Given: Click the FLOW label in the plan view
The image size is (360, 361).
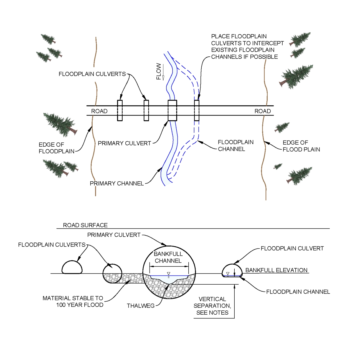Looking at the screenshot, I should [158, 71].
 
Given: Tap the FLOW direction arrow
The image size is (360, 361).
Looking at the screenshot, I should [163, 73].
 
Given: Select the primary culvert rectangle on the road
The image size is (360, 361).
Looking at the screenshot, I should [172, 111].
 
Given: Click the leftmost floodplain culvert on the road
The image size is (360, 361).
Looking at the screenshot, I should [120, 111].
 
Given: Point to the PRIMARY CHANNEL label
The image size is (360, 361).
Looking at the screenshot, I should [117, 184].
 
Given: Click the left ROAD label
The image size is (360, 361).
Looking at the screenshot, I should [99, 111].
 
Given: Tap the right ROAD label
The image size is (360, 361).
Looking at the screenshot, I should [262, 111].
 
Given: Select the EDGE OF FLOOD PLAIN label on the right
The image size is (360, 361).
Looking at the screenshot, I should [301, 146].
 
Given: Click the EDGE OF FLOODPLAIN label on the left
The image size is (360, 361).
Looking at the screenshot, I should [57, 148].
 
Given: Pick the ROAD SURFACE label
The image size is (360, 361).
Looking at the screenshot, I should [85, 225].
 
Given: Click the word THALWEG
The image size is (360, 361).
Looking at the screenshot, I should [141, 306].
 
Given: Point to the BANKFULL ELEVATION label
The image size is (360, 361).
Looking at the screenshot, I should [276, 270].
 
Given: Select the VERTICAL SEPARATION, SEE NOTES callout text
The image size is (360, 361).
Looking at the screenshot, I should [212, 306].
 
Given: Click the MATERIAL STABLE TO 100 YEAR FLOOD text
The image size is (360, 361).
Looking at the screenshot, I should [73, 302].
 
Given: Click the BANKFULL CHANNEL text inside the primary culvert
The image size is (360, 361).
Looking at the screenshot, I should [168, 257].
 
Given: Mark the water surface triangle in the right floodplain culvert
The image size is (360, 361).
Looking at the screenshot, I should [228, 274].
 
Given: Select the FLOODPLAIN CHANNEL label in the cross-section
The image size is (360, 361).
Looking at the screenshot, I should [298, 292].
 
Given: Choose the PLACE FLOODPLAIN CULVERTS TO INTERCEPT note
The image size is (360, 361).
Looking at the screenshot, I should [247, 47].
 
